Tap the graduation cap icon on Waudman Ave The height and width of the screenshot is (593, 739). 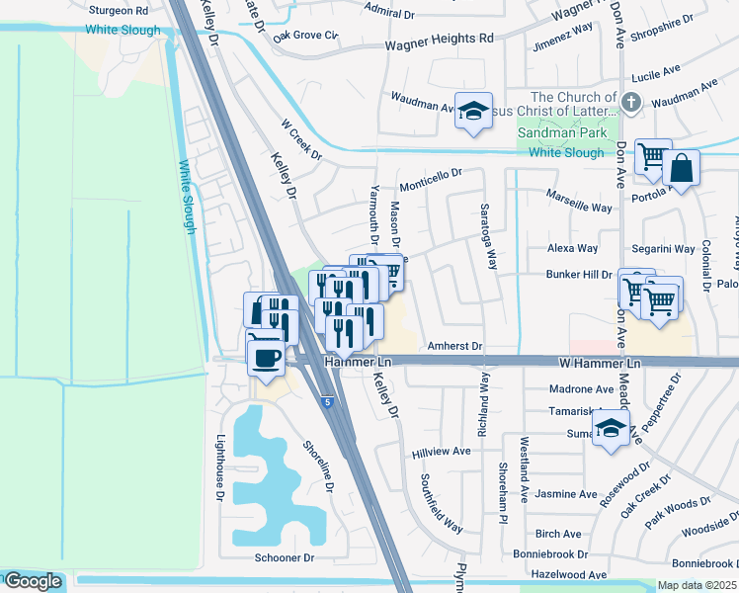473,112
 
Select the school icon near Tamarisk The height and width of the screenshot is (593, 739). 611,429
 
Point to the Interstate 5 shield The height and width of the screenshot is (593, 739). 326,401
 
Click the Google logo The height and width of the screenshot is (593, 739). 33,581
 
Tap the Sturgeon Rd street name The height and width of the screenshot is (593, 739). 118,10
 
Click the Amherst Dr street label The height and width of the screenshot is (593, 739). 454,347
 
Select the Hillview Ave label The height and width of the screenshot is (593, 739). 441,452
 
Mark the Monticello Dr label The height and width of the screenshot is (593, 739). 431,181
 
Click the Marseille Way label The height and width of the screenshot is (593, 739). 579,208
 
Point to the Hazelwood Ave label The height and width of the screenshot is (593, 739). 568,574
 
